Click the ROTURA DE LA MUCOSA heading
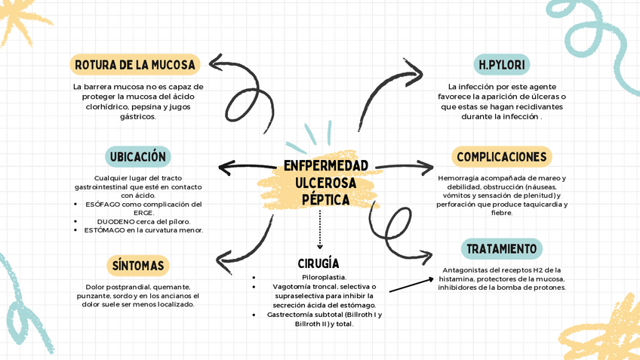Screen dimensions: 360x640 (135, 65)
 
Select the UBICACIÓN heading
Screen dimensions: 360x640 (137, 157)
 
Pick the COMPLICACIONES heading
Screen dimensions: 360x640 (501, 157)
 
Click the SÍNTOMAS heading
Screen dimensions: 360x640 (137, 266)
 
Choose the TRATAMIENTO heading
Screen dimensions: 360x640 (501, 249)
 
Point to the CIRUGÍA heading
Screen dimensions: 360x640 (318, 263)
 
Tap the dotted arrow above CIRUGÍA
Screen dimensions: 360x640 (320, 230)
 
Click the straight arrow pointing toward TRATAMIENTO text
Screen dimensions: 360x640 (411, 284)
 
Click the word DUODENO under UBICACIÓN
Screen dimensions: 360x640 (115, 221)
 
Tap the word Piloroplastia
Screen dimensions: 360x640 (324, 278)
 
